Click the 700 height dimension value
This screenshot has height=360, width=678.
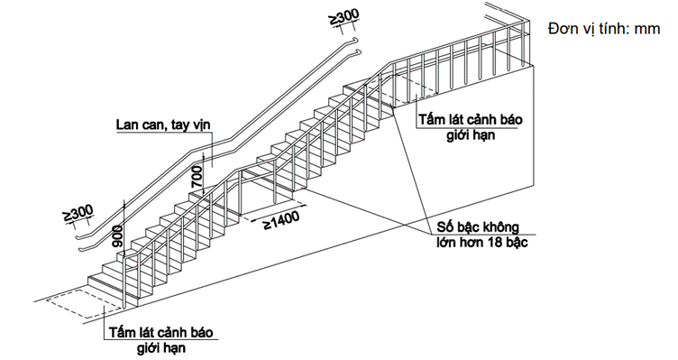197,176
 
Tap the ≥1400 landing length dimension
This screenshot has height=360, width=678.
281,220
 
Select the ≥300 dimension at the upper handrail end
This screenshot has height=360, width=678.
344,16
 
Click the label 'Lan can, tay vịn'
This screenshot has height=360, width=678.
163,125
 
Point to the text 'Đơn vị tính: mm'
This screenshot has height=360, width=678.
604,29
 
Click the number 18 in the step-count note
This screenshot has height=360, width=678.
498,242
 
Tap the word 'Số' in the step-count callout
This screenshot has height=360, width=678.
444,226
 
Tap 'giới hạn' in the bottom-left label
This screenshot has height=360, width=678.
161,348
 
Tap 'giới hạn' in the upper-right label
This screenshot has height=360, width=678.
471,135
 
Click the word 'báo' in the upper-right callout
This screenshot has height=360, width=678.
511,119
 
